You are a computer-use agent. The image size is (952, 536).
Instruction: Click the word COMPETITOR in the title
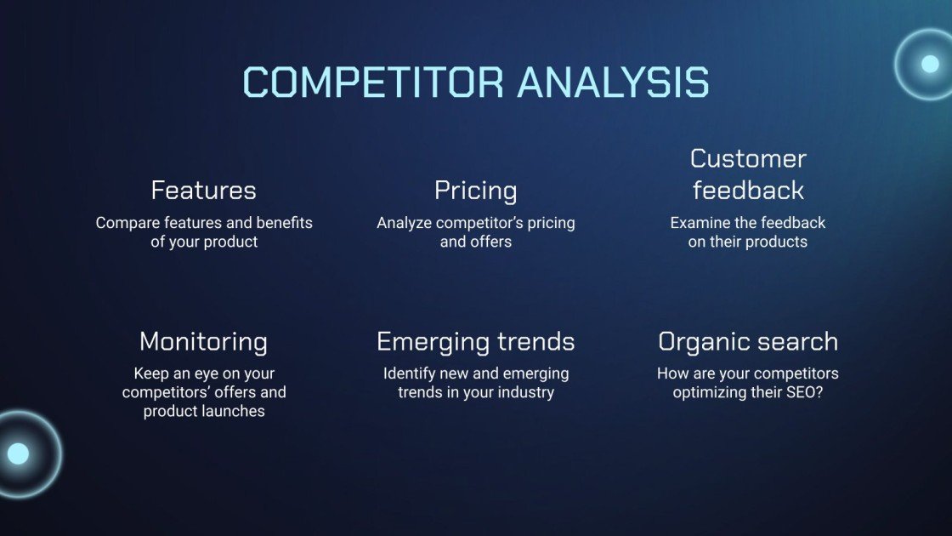(x=374, y=83)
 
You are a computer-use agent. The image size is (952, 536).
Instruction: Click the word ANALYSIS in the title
(x=613, y=83)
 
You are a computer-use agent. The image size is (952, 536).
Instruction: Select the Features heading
(x=203, y=190)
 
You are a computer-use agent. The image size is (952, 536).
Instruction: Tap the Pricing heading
(x=475, y=191)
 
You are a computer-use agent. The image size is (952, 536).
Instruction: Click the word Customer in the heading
(x=748, y=158)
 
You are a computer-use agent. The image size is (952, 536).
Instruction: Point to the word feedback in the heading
(x=748, y=191)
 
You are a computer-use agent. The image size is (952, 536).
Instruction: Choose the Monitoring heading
(x=203, y=342)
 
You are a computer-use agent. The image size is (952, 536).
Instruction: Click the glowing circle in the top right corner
(x=929, y=64)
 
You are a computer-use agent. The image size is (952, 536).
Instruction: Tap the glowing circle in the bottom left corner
(x=19, y=453)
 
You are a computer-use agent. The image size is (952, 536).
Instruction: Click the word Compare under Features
(x=125, y=223)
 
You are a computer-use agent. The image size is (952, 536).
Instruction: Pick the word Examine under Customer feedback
(x=700, y=223)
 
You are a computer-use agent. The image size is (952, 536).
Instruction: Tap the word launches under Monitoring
(x=235, y=411)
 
